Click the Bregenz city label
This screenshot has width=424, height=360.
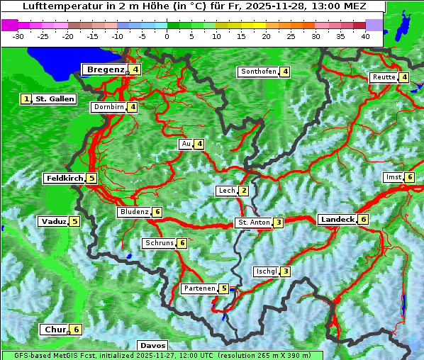pos(105,69)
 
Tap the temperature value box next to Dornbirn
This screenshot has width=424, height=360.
pos(133,107)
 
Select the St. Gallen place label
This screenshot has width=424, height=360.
pos(55,99)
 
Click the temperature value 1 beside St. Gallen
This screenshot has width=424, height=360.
pos(26,99)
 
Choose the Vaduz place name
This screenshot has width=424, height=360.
pos(54,221)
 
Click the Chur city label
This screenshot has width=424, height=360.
pos(55,330)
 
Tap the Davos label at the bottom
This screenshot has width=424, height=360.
pos(153,345)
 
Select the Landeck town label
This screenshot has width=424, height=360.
pos(337,220)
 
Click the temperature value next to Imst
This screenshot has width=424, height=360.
pos(410,176)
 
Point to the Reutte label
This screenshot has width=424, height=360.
pos(384,77)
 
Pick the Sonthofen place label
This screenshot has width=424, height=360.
pos(257,72)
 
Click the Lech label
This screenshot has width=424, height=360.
pos(226,191)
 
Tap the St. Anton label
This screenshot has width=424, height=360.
pos(254,223)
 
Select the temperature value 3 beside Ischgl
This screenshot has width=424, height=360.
pos(285,271)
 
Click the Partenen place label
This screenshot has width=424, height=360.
pos(199,288)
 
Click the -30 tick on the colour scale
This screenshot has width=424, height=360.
pos(18,35)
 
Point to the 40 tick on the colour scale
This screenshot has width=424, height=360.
pos(365,35)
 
